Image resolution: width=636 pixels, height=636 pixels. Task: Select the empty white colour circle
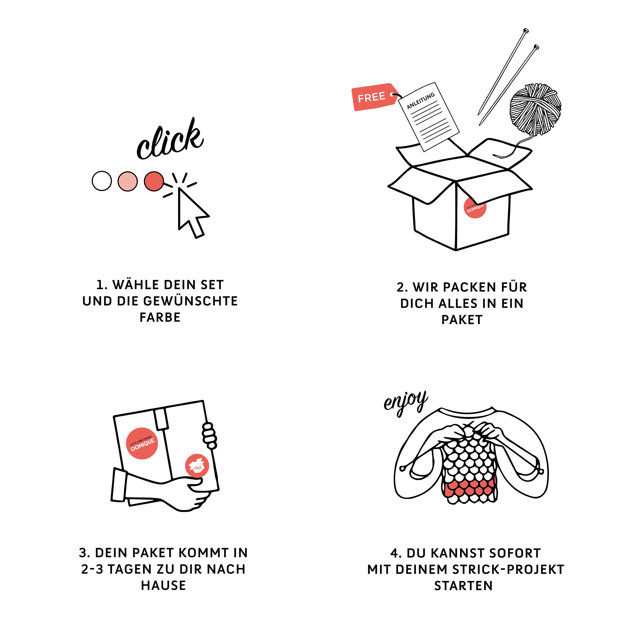pos(102,181)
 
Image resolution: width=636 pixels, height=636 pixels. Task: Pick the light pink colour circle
pos(128,181)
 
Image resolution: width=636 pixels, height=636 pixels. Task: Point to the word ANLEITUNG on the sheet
pos(421,101)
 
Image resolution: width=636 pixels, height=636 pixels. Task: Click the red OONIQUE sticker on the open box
pos(475,207)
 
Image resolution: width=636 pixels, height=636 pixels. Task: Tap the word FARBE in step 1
pos(160,317)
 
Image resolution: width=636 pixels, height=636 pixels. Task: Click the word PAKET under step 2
pos(462,320)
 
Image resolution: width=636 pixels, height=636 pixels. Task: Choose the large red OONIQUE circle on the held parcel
pos(142,443)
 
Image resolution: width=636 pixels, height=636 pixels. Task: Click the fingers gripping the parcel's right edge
pos(209,436)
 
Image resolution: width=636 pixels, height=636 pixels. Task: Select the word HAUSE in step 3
pos(164,586)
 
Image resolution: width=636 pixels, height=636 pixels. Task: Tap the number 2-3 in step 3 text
pos(92,569)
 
